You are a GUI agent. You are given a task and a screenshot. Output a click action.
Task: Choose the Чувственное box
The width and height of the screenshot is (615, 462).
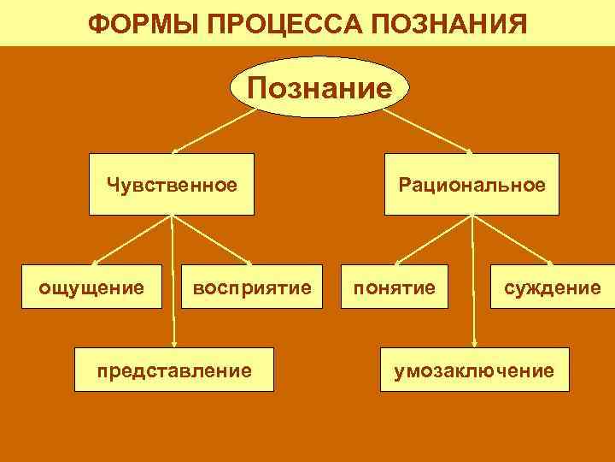tap(173, 184)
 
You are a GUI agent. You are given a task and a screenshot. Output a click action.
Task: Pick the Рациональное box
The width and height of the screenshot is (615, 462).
tap(471, 184)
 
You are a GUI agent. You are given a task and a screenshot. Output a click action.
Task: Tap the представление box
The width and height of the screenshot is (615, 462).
tap(174, 370)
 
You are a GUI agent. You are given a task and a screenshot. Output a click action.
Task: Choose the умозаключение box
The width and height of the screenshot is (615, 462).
tap(474, 370)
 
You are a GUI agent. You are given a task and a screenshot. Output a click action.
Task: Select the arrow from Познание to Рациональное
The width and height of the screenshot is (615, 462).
tap(435, 131)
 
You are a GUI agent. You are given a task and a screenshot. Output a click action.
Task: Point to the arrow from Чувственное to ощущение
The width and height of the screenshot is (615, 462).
tap(132, 237)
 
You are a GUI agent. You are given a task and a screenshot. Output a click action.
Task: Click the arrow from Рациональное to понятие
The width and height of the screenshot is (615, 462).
tap(430, 237)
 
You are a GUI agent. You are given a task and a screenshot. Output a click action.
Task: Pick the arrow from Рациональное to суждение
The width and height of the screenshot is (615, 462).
tap(512, 237)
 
